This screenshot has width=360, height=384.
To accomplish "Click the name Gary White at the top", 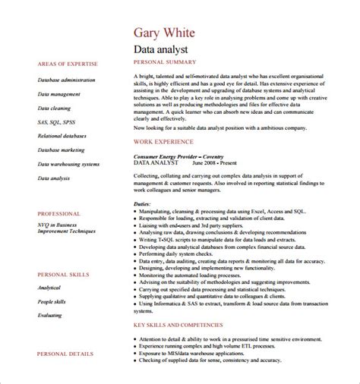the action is pos(165,33).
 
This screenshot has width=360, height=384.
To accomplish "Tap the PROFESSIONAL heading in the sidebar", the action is pos(58,214).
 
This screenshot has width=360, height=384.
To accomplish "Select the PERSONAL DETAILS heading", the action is pos(64,354).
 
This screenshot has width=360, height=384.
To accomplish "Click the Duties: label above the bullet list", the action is pos(142,203).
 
